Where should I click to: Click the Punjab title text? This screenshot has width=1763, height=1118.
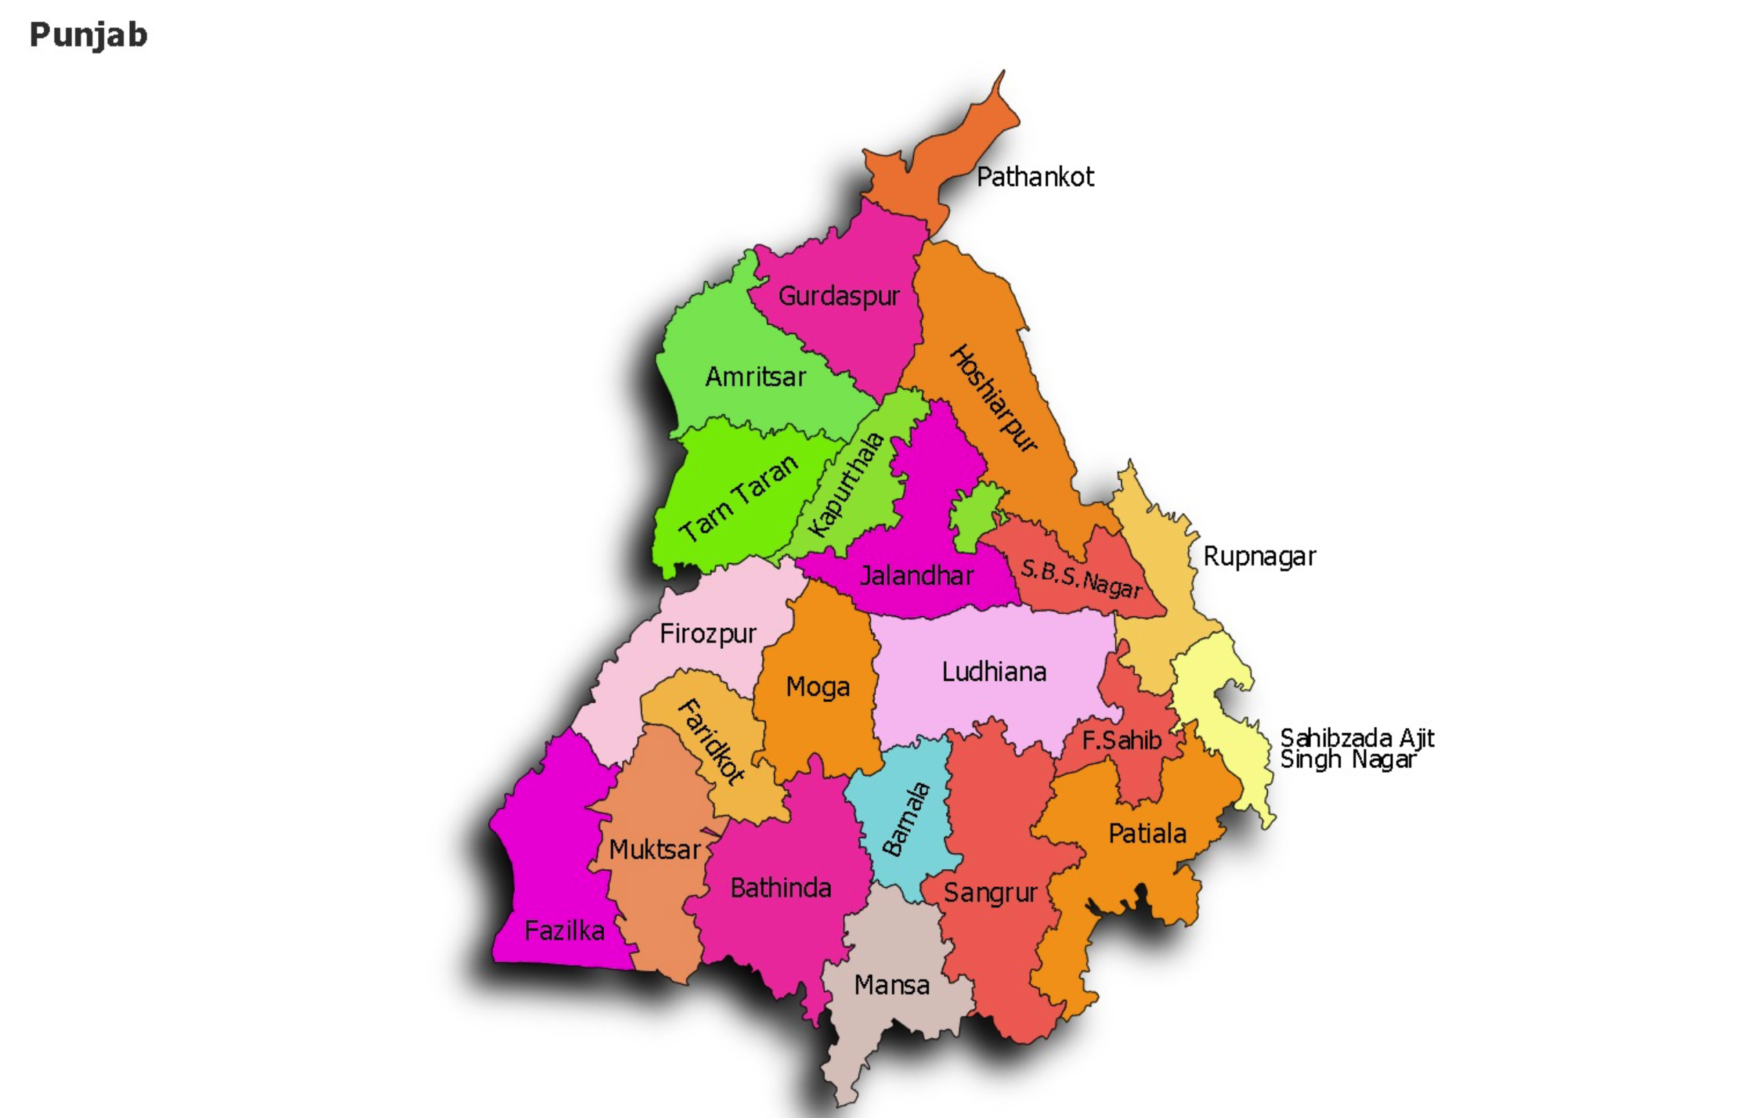click(x=88, y=35)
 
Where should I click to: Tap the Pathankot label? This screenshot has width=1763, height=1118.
click(x=1034, y=177)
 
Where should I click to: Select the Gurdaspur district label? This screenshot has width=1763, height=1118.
click(x=838, y=296)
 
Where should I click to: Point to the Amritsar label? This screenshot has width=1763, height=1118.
click(x=755, y=377)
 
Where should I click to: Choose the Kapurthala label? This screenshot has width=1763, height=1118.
click(x=846, y=485)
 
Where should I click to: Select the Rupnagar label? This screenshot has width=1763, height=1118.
click(x=1260, y=557)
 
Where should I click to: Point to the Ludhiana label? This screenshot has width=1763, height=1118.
click(x=994, y=672)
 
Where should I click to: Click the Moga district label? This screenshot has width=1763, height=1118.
click(x=818, y=687)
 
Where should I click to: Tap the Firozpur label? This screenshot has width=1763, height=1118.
click(x=707, y=633)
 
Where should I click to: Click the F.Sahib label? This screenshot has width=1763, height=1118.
click(x=1121, y=741)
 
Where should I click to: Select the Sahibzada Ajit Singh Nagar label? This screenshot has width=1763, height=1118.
click(x=1356, y=748)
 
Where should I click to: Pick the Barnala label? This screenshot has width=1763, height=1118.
click(x=906, y=819)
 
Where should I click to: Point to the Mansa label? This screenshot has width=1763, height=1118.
click(x=891, y=986)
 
